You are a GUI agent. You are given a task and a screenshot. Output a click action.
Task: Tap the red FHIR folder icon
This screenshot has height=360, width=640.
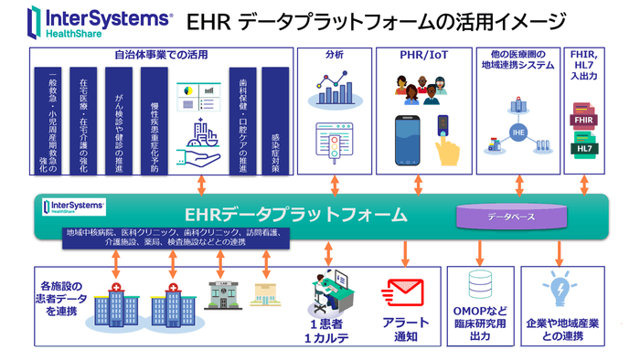[585, 119]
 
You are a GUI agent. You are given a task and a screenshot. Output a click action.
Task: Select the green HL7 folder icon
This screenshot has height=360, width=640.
[585, 146]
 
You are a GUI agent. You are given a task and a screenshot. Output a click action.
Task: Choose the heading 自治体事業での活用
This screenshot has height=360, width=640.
[161, 55]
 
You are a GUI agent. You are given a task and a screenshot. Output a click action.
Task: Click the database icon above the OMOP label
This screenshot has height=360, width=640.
[478, 285]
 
